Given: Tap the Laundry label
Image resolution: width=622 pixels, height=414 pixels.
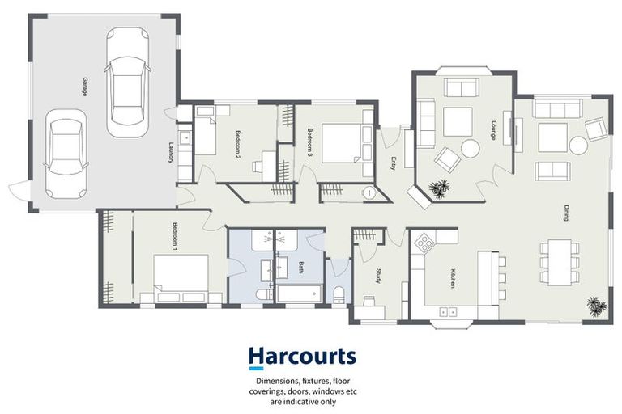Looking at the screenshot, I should tap(172, 152).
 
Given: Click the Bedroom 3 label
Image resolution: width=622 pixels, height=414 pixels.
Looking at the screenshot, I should tap(309, 142).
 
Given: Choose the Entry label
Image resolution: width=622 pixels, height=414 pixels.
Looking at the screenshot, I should tap(394, 163).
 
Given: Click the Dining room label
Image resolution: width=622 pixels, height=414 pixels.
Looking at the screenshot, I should tap(567, 213).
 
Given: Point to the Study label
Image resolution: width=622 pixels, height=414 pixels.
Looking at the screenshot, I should tap(377, 277).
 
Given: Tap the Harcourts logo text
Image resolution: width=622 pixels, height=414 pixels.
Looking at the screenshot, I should tap(301, 357).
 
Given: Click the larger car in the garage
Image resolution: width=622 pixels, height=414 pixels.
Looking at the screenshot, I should tap(128, 76).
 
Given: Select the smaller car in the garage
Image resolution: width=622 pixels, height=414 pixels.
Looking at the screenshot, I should tap(65, 153).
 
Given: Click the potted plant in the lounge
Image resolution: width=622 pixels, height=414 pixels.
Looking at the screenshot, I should tap(440, 188).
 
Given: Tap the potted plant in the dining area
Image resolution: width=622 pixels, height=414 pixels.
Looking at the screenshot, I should tap(596, 306).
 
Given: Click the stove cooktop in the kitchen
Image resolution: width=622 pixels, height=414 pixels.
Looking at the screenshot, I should tap(425, 241).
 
